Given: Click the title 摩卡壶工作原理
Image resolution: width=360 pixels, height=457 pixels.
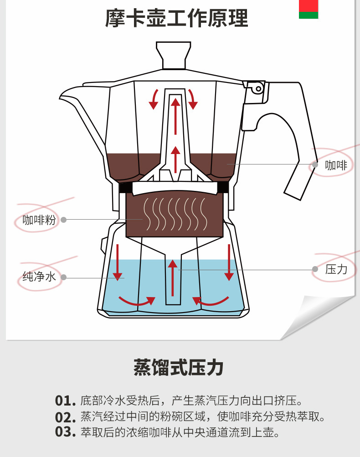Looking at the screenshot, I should coord(177,19).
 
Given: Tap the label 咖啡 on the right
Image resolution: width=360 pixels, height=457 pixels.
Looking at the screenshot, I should coord(336,165).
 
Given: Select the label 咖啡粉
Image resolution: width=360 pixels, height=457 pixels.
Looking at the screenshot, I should coord(39,220).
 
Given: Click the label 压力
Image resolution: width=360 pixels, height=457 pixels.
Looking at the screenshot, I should coord(336,269).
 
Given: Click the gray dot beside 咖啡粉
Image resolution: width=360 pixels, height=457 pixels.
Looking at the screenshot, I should coord(64,220).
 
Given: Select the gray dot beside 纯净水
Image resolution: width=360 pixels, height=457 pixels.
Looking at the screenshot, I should coord(64,277).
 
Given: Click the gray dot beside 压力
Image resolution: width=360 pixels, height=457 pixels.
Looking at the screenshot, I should coord(315,269).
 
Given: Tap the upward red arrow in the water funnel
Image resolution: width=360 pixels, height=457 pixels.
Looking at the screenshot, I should coord(173,278).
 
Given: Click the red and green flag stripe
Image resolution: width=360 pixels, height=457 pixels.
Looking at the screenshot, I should coord(309,9).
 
